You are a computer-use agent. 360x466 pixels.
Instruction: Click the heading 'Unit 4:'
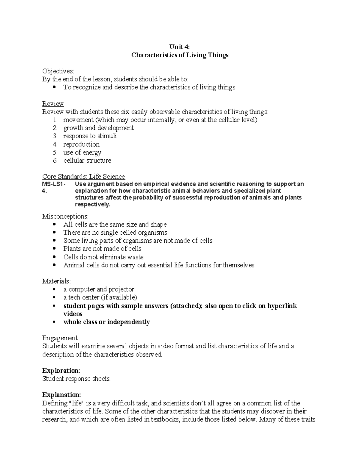pos(180,47)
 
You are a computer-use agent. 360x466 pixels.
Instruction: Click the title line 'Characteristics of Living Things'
pos(180,55)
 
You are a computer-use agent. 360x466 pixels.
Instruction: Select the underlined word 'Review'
pos(53,104)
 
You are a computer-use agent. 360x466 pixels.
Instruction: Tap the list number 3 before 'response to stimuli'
pos(55,136)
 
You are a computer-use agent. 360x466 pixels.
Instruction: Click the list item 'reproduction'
pos(81,144)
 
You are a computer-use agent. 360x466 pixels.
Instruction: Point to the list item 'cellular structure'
pos(87,161)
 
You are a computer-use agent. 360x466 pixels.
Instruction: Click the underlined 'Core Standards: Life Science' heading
pos(83,176)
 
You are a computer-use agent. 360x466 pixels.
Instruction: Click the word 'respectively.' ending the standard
pos(93,204)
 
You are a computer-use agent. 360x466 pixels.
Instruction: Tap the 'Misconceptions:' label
pos(65,216)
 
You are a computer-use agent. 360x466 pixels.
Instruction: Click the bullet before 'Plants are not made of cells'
pos(54,249)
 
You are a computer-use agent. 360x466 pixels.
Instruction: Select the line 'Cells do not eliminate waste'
pos(103,257)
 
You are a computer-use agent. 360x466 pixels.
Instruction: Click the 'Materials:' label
pos(56,281)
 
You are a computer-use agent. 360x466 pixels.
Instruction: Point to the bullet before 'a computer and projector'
pos(54,290)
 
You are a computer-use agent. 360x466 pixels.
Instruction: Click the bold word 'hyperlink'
pos(282,306)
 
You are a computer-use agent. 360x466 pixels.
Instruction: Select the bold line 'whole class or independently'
pos(106,322)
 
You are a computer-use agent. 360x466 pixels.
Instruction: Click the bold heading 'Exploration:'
pos(61,371)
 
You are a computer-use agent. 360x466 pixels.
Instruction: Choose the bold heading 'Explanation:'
pos(61,395)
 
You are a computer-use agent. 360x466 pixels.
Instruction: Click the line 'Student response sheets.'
pos(76,379)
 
